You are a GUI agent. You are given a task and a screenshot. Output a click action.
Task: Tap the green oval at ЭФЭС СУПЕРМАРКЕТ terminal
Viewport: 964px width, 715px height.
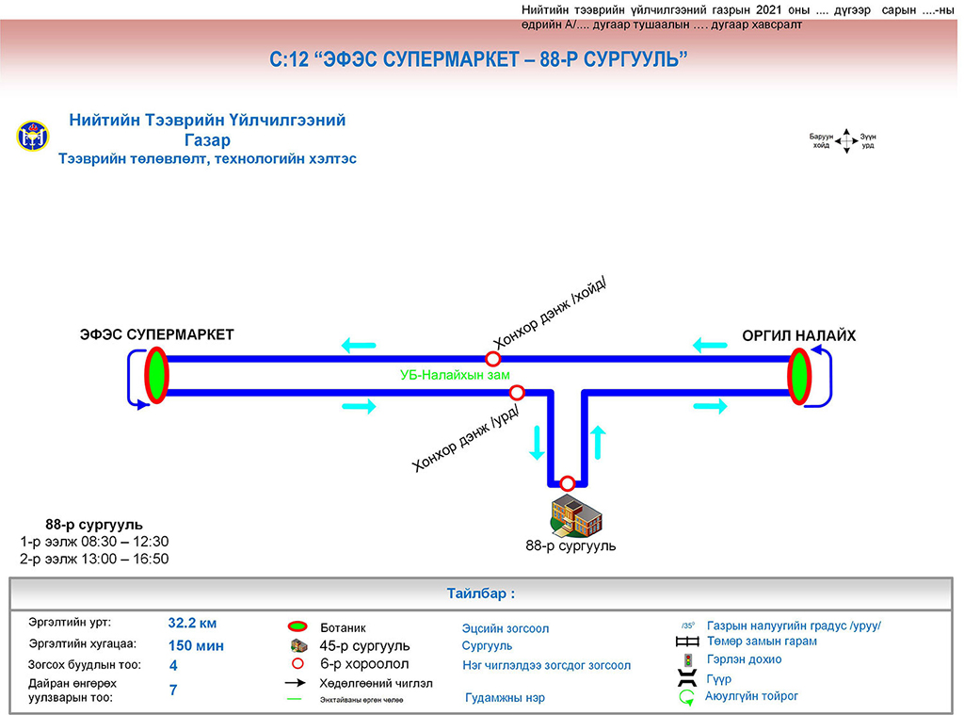tap(155, 375)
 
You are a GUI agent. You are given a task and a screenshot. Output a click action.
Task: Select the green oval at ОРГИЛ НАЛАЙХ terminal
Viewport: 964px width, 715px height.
tap(799, 375)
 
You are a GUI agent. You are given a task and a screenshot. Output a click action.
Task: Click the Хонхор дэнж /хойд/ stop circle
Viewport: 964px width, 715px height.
tap(492, 359)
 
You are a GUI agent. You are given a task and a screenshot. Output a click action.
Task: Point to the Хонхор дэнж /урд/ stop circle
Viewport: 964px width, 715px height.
tap(516, 392)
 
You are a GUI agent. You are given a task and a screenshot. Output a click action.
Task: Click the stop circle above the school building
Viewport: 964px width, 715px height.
tap(567, 483)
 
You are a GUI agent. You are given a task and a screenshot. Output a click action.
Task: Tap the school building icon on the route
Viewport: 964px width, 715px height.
tap(575, 514)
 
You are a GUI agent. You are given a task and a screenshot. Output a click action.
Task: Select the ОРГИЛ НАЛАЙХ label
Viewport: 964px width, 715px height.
tap(798, 336)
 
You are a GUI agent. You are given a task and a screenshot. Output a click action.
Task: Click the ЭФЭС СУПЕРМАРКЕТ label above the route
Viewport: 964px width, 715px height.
tap(156, 334)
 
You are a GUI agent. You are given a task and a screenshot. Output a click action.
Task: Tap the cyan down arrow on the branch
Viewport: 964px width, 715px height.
tap(537, 442)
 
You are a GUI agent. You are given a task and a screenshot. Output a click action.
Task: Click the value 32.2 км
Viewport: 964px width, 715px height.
tap(193, 623)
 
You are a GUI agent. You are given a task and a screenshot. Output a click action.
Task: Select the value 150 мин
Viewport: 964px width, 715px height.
tap(196, 646)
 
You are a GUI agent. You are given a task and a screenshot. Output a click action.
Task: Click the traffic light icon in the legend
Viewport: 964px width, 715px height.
tap(687, 660)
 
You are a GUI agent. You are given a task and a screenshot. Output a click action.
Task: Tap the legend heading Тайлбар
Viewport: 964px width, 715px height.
tap(481, 594)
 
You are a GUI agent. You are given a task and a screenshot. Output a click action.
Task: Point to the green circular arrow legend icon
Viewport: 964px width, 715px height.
tap(687, 698)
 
